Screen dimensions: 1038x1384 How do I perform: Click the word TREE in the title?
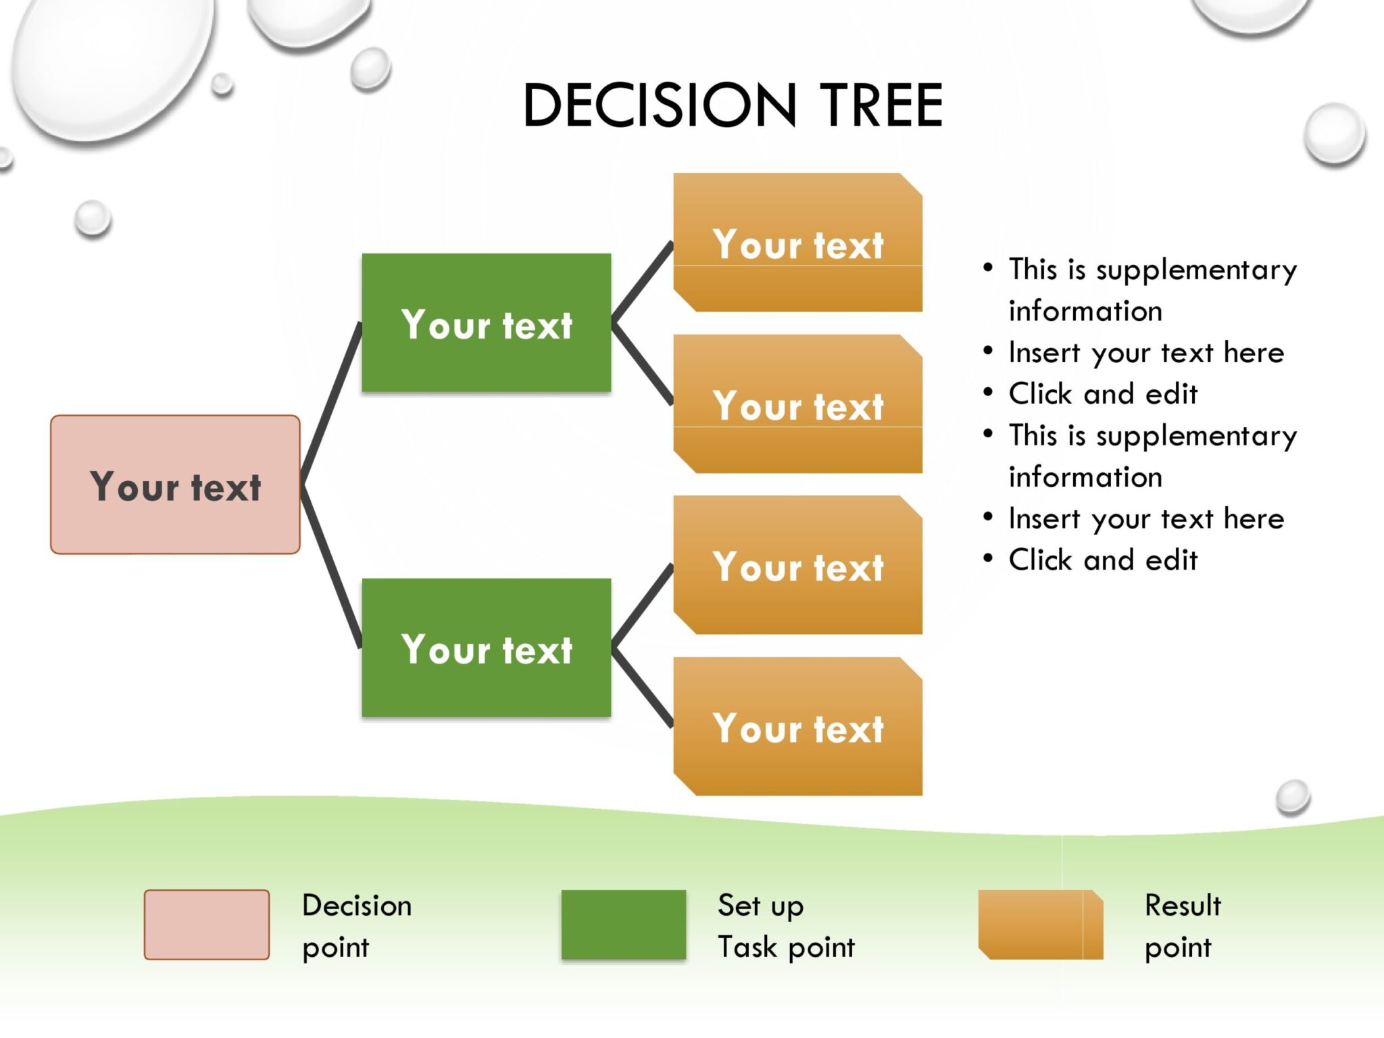tap(881, 105)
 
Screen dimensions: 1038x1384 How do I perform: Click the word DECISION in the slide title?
tap(660, 105)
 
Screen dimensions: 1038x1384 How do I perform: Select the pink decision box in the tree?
tap(175, 485)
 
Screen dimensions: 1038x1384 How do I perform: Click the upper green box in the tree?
tap(487, 323)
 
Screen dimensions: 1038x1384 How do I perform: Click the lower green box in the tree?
tap(487, 647)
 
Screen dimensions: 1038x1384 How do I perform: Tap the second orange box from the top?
tap(797, 404)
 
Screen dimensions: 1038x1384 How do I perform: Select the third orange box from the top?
tap(797, 565)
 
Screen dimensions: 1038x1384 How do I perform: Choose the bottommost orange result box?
tap(797, 726)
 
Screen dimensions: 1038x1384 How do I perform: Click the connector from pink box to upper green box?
tap(331, 404)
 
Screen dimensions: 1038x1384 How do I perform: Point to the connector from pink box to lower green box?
tap(331, 566)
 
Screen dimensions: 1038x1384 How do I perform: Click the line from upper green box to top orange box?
tap(642, 282)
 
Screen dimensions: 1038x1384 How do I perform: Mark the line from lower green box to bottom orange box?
tap(642, 687)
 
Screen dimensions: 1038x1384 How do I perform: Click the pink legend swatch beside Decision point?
tap(207, 924)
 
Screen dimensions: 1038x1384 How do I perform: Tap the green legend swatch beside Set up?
tap(623, 924)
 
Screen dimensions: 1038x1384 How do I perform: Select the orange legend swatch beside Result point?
tap(1041, 924)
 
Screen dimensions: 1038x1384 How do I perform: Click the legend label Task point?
tap(786, 947)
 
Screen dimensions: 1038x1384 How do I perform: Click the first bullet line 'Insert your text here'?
tap(1146, 353)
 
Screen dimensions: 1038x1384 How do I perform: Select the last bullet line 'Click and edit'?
tap(1103, 560)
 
